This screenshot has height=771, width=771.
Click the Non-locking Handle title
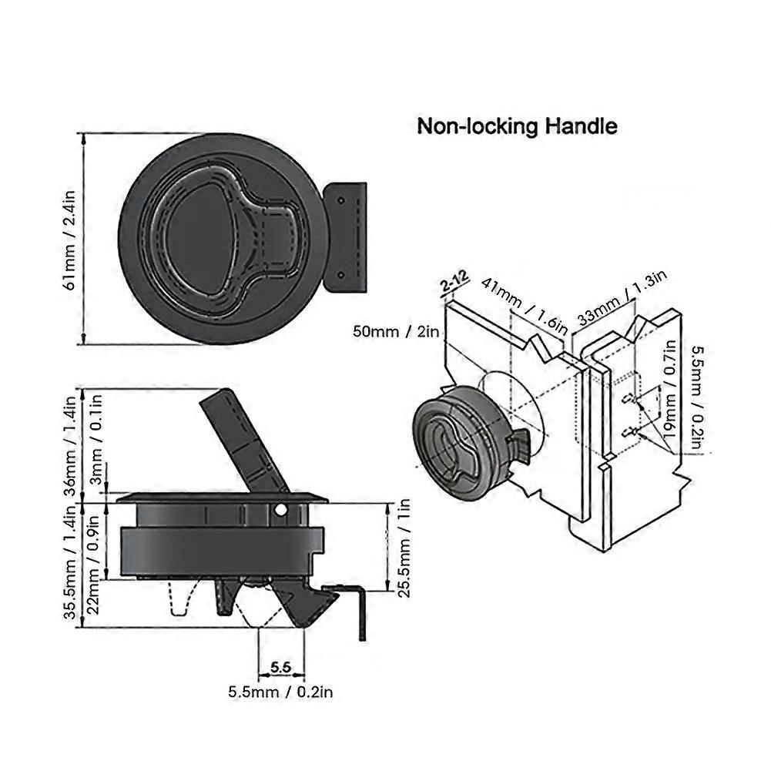point(517,126)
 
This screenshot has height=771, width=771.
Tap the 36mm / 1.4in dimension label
point(69,446)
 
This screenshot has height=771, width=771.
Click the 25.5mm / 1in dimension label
point(400,548)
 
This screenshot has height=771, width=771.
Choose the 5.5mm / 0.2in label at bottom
point(280,692)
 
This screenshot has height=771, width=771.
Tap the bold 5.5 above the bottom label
point(280,664)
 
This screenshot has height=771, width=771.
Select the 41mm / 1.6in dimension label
point(525,305)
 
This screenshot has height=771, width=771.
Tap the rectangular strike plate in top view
point(344,236)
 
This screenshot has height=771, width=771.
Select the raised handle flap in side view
point(243,440)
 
